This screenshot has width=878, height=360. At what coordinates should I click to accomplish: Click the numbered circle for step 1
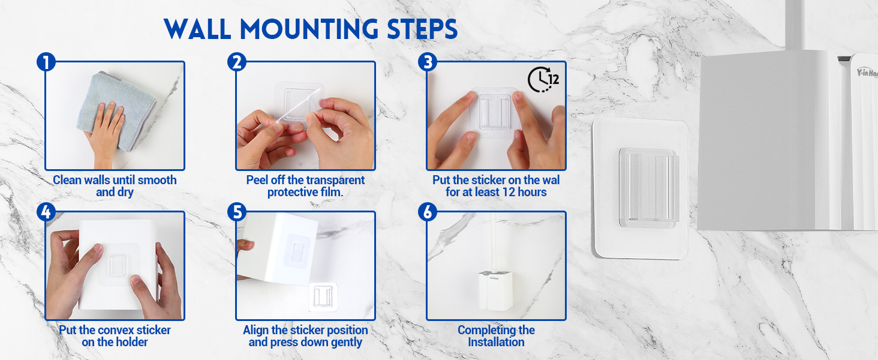[x=46, y=62]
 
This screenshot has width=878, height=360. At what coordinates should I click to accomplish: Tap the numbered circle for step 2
[x=237, y=62]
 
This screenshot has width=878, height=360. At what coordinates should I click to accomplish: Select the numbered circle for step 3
[x=428, y=62]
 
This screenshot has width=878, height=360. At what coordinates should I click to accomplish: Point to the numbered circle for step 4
[x=46, y=212]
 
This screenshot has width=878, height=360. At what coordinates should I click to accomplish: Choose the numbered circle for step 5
[x=237, y=212]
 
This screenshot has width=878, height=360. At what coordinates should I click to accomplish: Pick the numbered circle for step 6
[x=428, y=212]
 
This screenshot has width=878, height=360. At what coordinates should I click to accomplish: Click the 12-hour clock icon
[x=543, y=80]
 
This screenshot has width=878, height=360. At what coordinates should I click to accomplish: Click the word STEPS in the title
[x=422, y=29]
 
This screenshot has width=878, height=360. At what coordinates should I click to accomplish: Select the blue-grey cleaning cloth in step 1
[x=117, y=111]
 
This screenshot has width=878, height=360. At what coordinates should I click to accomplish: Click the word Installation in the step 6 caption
[x=496, y=342]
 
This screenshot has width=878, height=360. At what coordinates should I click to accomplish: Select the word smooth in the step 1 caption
[x=157, y=180]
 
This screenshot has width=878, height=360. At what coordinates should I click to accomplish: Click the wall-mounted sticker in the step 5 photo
[x=323, y=297]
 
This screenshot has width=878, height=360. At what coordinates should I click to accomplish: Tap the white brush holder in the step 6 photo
[x=495, y=290]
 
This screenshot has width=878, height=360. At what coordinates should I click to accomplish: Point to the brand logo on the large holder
[x=867, y=73]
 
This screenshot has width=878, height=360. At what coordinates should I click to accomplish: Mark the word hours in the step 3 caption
[x=532, y=192]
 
